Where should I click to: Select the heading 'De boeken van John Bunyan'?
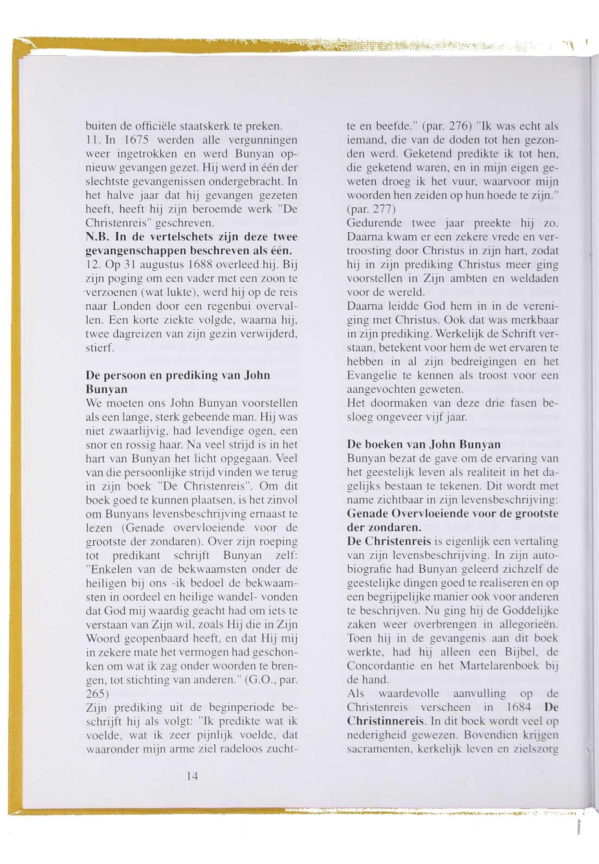point(424,445)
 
